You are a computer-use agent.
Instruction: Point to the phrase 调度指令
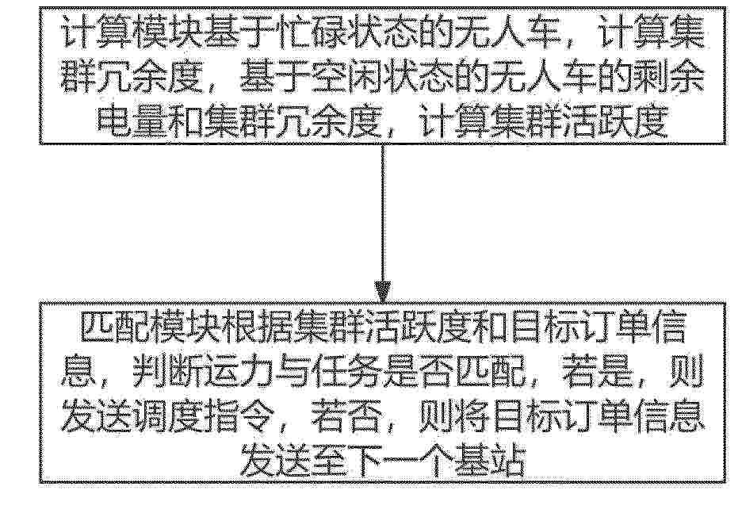coord(205,416)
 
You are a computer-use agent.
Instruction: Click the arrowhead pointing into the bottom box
coord(382,292)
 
